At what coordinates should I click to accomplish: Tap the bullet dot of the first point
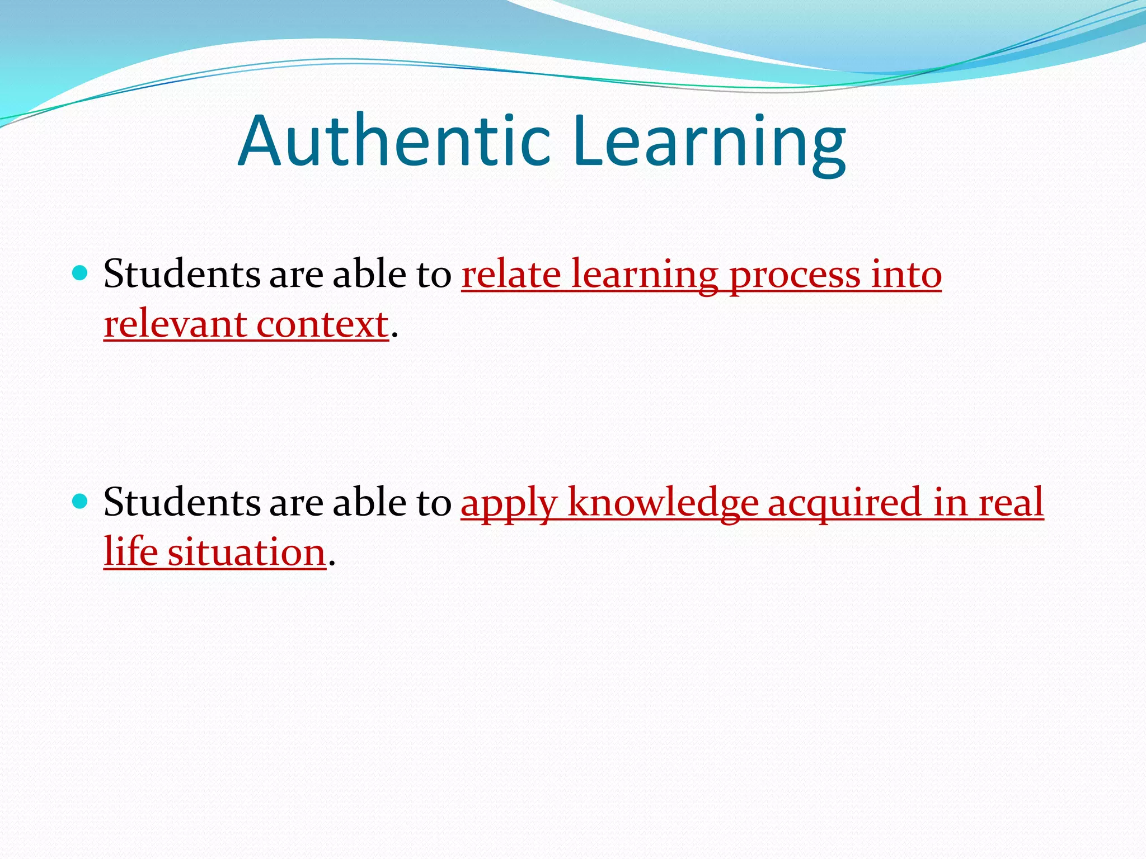point(81,273)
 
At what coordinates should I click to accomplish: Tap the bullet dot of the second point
point(81,501)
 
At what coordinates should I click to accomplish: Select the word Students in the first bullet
point(182,275)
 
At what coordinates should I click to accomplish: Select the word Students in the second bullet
point(182,502)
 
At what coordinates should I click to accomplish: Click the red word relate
point(511,275)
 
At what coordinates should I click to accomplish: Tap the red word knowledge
point(663,502)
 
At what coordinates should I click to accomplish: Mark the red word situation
point(247,553)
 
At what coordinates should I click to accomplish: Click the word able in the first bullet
point(369,275)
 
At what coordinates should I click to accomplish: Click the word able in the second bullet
point(369,502)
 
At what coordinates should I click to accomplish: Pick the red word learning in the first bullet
point(644,276)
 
